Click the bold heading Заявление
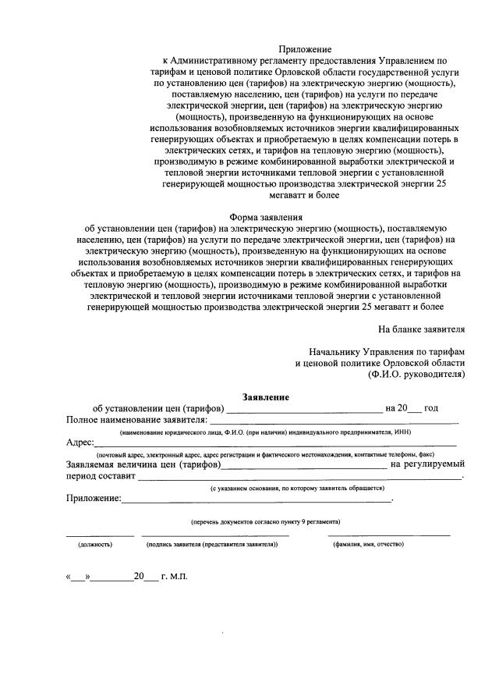pyautogui.click(x=266, y=396)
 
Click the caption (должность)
pyautogui.click(x=95, y=544)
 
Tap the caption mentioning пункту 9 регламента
pyautogui.click(x=265, y=521)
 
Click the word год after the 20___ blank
pyautogui.click(x=431, y=408)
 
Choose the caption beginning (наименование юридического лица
pyautogui.click(x=265, y=432)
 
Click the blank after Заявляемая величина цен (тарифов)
pyautogui.click(x=304, y=466)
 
